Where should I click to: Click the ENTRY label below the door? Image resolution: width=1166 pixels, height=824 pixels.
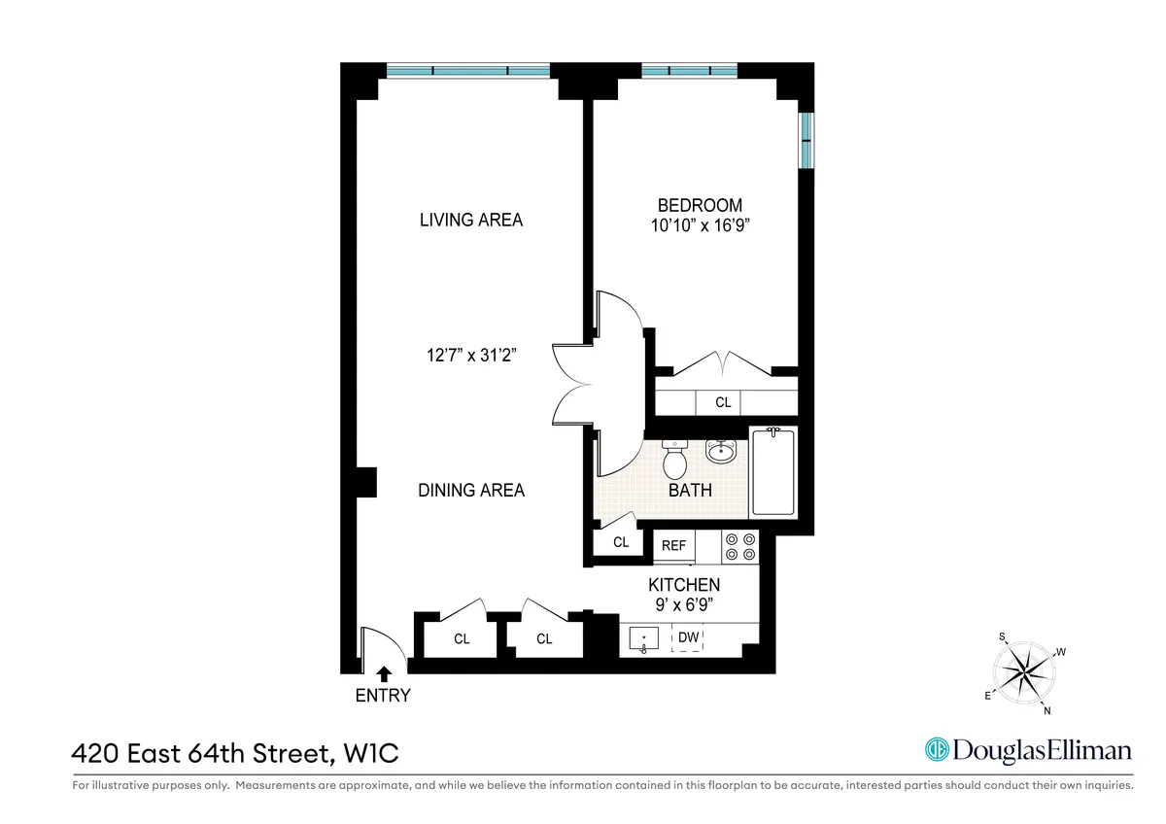point(383,696)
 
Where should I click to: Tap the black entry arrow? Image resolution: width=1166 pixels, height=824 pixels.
point(384,671)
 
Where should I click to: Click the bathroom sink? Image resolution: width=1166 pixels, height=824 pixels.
point(721,452)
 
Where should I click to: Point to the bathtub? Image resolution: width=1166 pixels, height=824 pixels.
point(772,472)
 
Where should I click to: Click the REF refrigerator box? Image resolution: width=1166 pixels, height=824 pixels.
point(674,546)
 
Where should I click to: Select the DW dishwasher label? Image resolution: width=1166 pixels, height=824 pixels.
point(688,638)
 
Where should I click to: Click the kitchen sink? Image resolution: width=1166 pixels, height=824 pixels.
point(643,640)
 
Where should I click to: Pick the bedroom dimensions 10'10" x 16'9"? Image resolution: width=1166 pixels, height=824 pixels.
point(700,225)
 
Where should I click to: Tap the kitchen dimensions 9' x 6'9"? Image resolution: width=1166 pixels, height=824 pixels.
point(684,604)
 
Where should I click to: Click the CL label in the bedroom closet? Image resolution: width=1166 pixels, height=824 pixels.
point(723,402)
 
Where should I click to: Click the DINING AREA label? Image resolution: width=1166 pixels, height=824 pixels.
point(471,491)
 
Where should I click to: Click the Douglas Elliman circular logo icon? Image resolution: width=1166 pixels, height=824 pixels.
point(937,750)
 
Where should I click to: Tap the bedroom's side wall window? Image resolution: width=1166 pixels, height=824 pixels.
point(806,141)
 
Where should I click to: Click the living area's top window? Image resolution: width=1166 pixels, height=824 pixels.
point(467,70)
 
